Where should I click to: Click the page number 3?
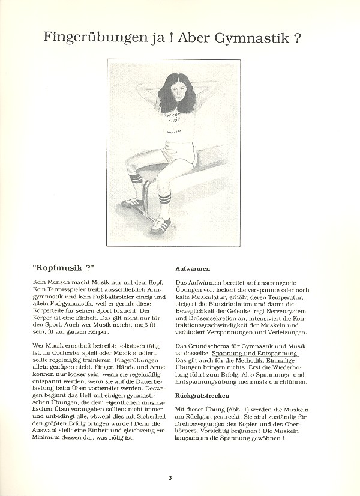[170, 477]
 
